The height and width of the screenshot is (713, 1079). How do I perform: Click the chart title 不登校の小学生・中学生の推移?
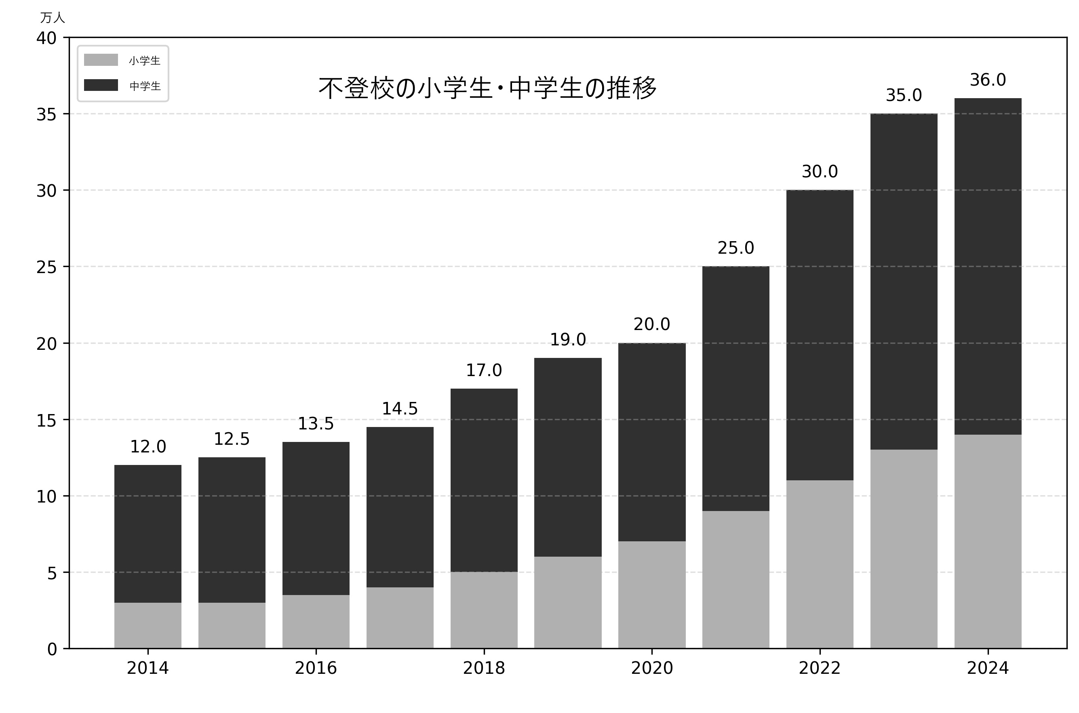pos(487,88)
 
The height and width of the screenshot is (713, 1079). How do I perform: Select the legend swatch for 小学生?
pos(101,60)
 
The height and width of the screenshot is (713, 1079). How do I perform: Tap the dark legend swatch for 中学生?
pos(101,85)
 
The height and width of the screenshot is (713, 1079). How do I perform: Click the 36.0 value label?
pos(988,80)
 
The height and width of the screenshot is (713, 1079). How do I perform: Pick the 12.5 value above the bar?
pos(232,439)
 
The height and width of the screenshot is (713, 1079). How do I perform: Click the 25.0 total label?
pos(735,248)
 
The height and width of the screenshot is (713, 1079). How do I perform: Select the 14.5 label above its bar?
pos(399,408)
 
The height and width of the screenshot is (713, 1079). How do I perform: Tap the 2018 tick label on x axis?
pos(484,668)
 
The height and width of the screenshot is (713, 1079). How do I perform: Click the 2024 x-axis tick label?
pos(988,668)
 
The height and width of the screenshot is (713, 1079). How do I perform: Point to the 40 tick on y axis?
pos(46,38)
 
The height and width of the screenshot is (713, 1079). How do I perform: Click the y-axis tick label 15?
pos(46,421)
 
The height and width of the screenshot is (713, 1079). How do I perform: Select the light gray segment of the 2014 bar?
pos(148,625)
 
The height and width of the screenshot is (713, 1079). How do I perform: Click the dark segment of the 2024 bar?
pos(988,266)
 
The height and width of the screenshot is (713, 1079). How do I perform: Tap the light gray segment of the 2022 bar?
pos(820,564)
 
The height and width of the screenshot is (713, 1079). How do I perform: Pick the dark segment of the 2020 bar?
pos(652,442)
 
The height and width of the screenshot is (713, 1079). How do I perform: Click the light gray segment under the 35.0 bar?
pos(904,549)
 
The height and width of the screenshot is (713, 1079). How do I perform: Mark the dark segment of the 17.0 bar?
pos(484,480)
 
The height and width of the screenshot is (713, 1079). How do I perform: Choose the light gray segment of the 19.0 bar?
pos(568,602)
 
